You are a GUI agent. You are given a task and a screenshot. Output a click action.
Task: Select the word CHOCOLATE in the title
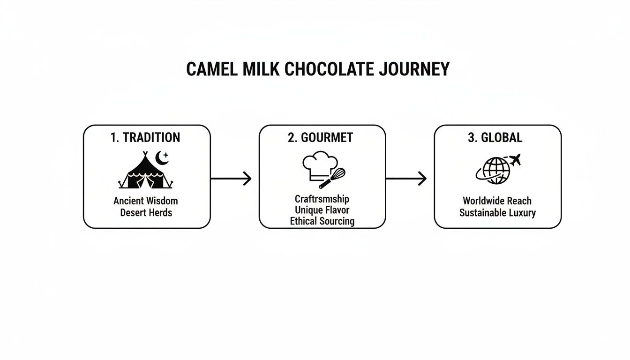pos(329,69)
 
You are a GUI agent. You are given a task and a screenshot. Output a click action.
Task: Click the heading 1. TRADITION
pos(145,137)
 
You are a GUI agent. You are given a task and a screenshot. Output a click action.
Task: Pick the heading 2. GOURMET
pos(320,137)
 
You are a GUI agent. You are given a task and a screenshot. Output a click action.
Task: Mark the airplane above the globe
pos(515,160)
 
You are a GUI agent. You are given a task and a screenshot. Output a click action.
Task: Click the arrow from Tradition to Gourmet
pos(231,178)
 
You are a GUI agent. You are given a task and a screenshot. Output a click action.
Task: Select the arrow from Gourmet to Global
pos(406,178)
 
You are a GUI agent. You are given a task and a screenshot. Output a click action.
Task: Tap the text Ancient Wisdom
pos(146,201)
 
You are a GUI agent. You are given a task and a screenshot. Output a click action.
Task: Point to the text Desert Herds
pos(146,213)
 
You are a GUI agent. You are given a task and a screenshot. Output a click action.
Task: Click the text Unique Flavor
pos(322,210)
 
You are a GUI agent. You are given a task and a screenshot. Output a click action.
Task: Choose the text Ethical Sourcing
pos(322,221)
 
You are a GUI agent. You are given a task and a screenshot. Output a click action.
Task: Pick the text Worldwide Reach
pos(497,201)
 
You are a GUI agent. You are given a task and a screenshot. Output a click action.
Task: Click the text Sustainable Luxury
pos(497,213)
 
